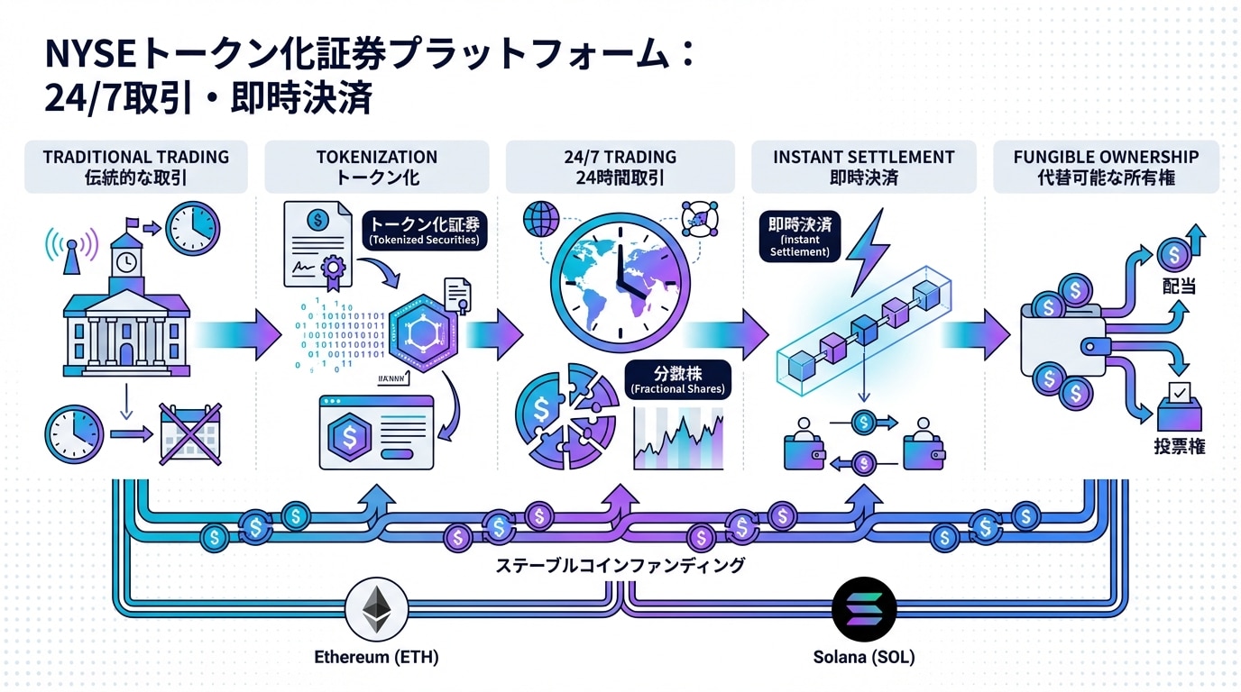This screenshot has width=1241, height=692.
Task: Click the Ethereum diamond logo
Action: click(376, 609)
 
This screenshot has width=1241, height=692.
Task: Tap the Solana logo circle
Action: click(864, 609)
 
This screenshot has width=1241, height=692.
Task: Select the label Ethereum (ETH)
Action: click(376, 657)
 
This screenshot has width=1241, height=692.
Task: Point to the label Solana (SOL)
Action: click(864, 657)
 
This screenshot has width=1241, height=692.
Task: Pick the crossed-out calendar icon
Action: click(189, 434)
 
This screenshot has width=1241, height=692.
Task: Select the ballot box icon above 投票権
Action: click(1178, 407)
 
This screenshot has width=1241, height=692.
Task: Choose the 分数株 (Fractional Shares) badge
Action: click(677, 379)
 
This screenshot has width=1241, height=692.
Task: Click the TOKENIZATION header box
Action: click(377, 167)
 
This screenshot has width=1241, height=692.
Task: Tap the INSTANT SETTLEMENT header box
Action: click(863, 167)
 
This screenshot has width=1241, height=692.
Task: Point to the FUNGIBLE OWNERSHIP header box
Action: click(1106, 167)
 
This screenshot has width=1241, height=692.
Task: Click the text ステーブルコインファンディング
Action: click(620, 566)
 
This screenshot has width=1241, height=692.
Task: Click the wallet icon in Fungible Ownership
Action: click(1064, 342)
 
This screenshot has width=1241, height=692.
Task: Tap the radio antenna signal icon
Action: click(71, 245)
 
